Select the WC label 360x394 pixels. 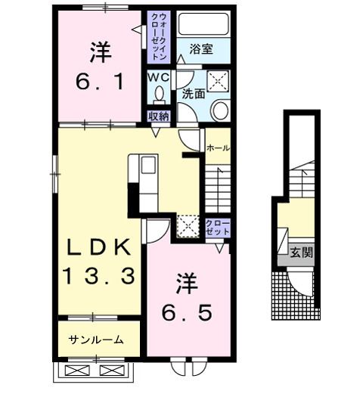point(158,78)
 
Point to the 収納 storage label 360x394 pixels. point(158,116)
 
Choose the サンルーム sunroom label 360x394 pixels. point(96,340)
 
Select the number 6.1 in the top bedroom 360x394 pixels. point(99,81)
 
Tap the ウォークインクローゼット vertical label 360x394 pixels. point(160,37)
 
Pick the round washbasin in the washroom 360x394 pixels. point(220,111)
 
